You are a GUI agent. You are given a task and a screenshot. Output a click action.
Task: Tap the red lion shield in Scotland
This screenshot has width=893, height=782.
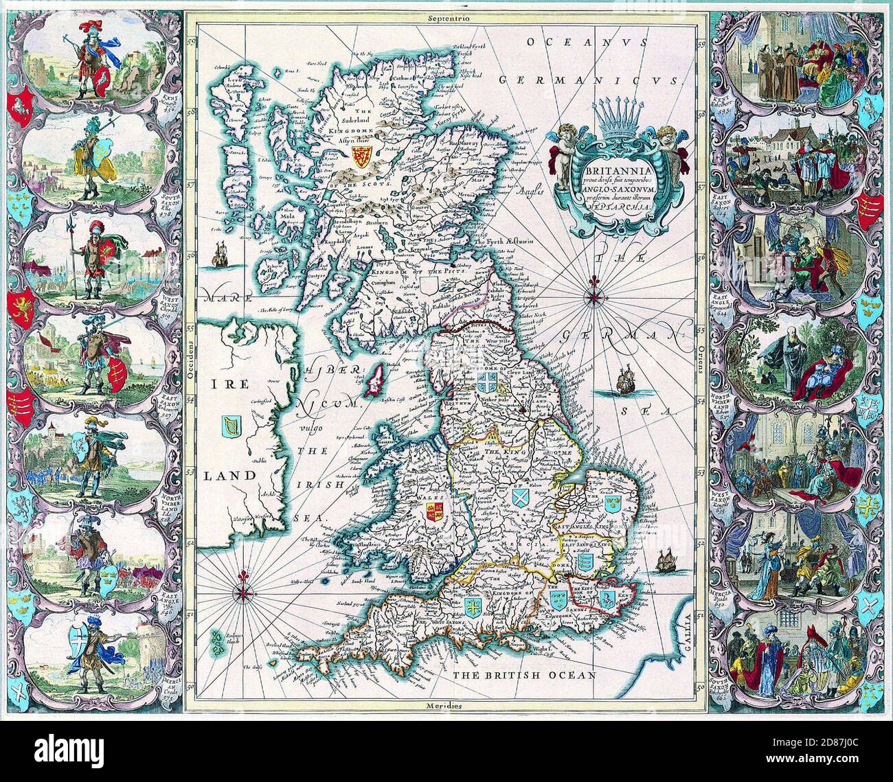(x=359, y=154)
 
